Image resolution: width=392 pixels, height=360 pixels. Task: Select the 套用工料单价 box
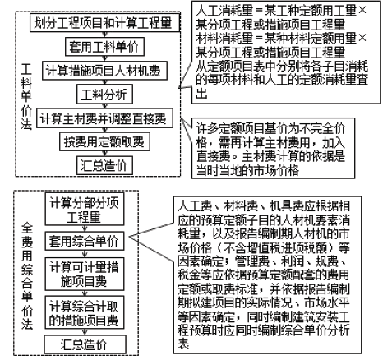(104, 46)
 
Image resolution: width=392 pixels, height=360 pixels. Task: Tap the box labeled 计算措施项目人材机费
(104, 71)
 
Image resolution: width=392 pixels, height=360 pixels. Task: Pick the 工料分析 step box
(104, 95)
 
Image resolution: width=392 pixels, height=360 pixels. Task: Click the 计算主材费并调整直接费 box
(104, 118)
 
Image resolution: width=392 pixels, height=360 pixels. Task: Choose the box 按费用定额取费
(104, 141)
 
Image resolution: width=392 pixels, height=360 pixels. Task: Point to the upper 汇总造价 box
(104, 165)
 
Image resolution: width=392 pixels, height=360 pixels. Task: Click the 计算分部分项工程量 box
(85, 209)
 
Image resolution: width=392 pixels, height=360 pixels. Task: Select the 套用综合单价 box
(85, 241)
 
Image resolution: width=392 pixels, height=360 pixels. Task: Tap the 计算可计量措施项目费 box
(85, 274)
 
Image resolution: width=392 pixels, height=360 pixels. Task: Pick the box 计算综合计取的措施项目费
(85, 312)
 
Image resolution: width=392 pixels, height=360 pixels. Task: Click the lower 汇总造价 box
(85, 344)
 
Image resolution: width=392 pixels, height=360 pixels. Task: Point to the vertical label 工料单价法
(26, 96)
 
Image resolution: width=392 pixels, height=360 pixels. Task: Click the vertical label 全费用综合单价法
(27, 275)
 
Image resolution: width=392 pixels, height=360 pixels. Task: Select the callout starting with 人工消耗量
(286, 53)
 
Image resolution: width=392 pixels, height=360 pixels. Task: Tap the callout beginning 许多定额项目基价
(273, 148)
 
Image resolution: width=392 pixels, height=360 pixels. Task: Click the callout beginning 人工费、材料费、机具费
(267, 275)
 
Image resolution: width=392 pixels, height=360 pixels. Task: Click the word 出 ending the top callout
(201, 94)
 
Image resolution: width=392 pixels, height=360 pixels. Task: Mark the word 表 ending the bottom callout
(183, 344)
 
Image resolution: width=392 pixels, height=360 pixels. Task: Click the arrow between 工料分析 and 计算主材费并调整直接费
(104, 106)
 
